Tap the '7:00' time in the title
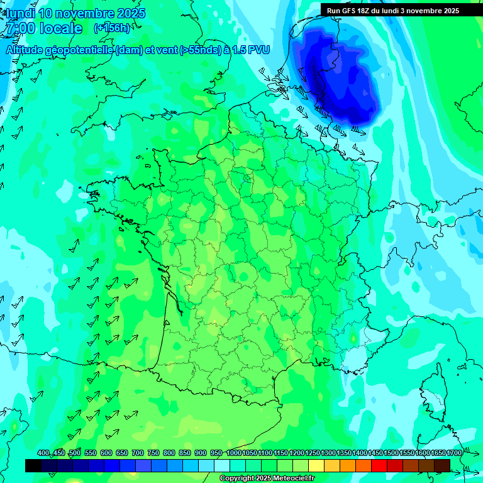click(18, 28)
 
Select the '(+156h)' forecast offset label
click(112, 28)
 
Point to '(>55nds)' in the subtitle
click(199, 50)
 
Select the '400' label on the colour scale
click(43, 453)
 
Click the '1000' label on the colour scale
click(234, 453)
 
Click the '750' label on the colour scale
click(153, 453)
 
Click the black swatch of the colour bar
click(33, 465)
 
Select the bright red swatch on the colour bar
click(379, 465)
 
